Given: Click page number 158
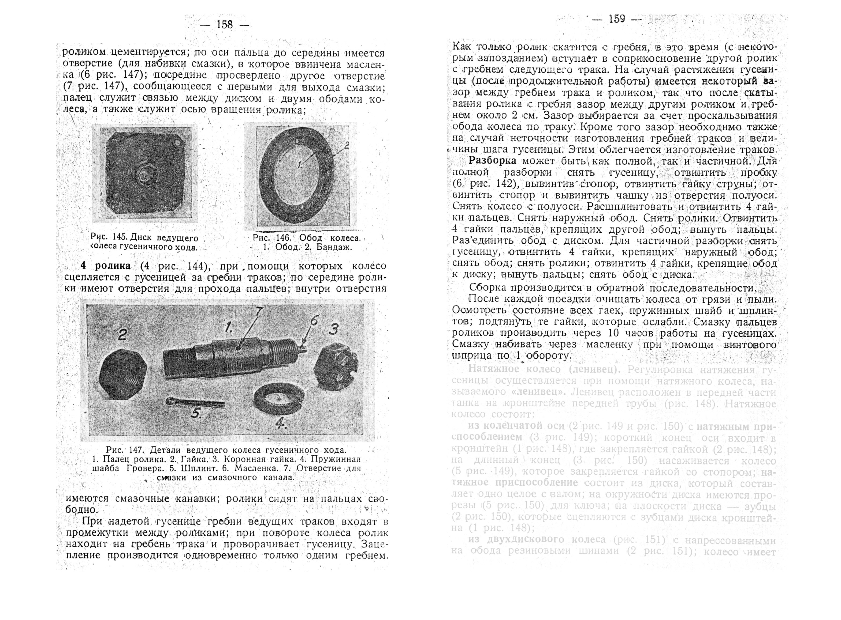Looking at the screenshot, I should click(x=225, y=25).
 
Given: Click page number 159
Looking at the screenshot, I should click(x=616, y=19).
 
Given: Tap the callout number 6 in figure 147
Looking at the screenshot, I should click(x=315, y=320).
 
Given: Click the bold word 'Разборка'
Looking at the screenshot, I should click(x=492, y=161).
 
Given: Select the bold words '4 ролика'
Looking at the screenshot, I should click(x=106, y=266).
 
